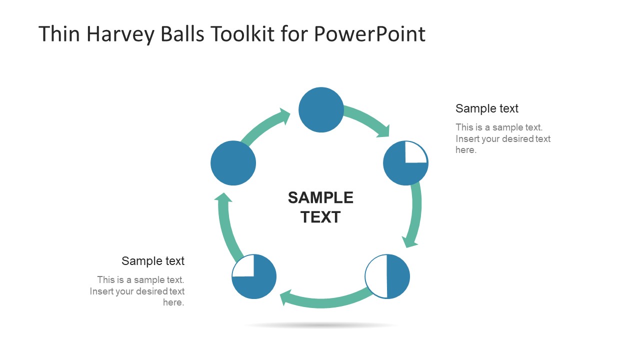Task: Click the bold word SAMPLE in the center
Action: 320,198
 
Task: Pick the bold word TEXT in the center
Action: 320,217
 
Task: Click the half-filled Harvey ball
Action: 387,276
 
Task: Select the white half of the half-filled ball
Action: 376,276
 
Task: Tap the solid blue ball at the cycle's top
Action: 321,110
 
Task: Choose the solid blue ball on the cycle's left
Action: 233,163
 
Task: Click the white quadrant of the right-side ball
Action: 415,152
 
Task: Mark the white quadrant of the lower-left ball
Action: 244,266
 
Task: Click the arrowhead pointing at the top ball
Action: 285,116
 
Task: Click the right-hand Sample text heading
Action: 486,108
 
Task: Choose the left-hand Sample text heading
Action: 153,261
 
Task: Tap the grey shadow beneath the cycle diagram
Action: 321,325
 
